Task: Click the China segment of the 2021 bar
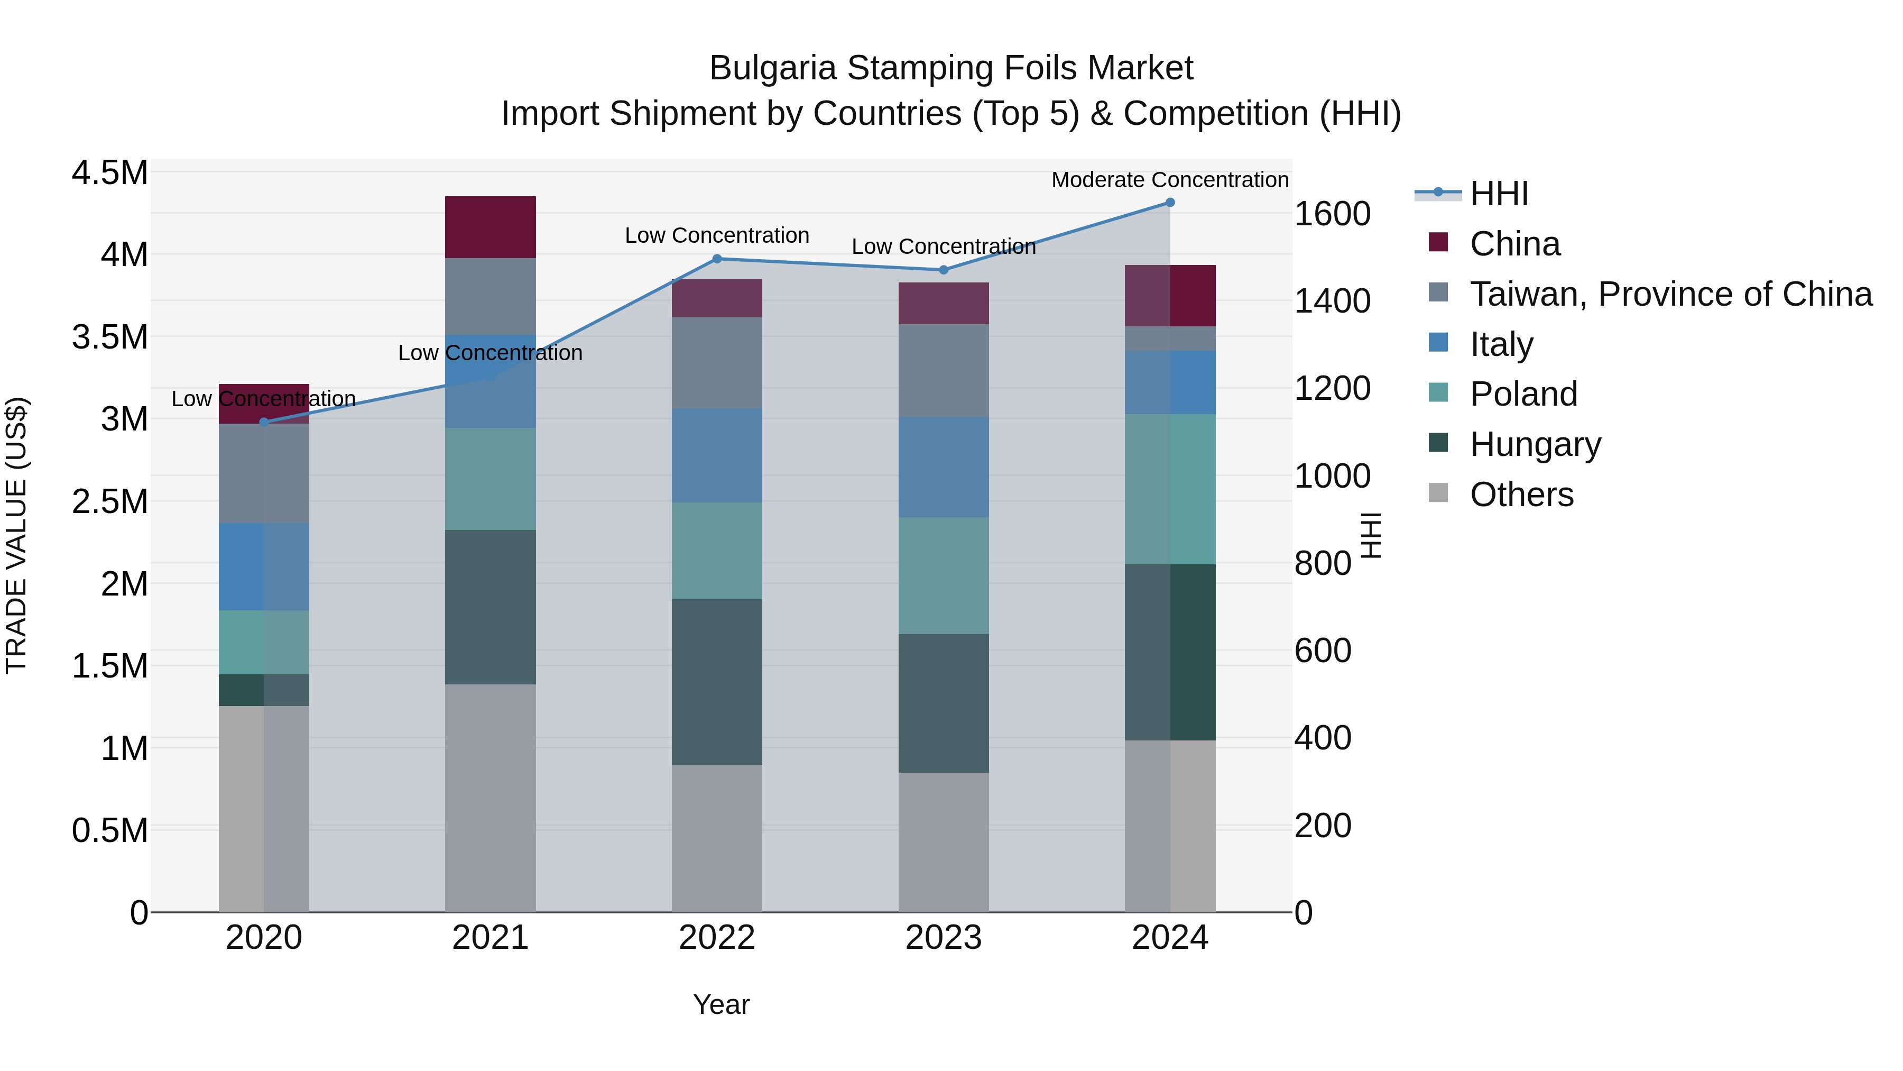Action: coord(490,227)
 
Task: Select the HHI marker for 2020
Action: coord(264,422)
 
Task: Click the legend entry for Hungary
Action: coord(1535,444)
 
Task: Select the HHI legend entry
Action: coord(1498,194)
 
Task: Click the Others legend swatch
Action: coord(1438,493)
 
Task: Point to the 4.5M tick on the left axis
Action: coord(109,173)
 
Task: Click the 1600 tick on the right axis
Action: coord(1332,214)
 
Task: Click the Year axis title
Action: coord(721,1004)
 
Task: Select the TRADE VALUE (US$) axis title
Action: coord(16,535)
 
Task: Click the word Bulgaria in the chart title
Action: coord(772,68)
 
